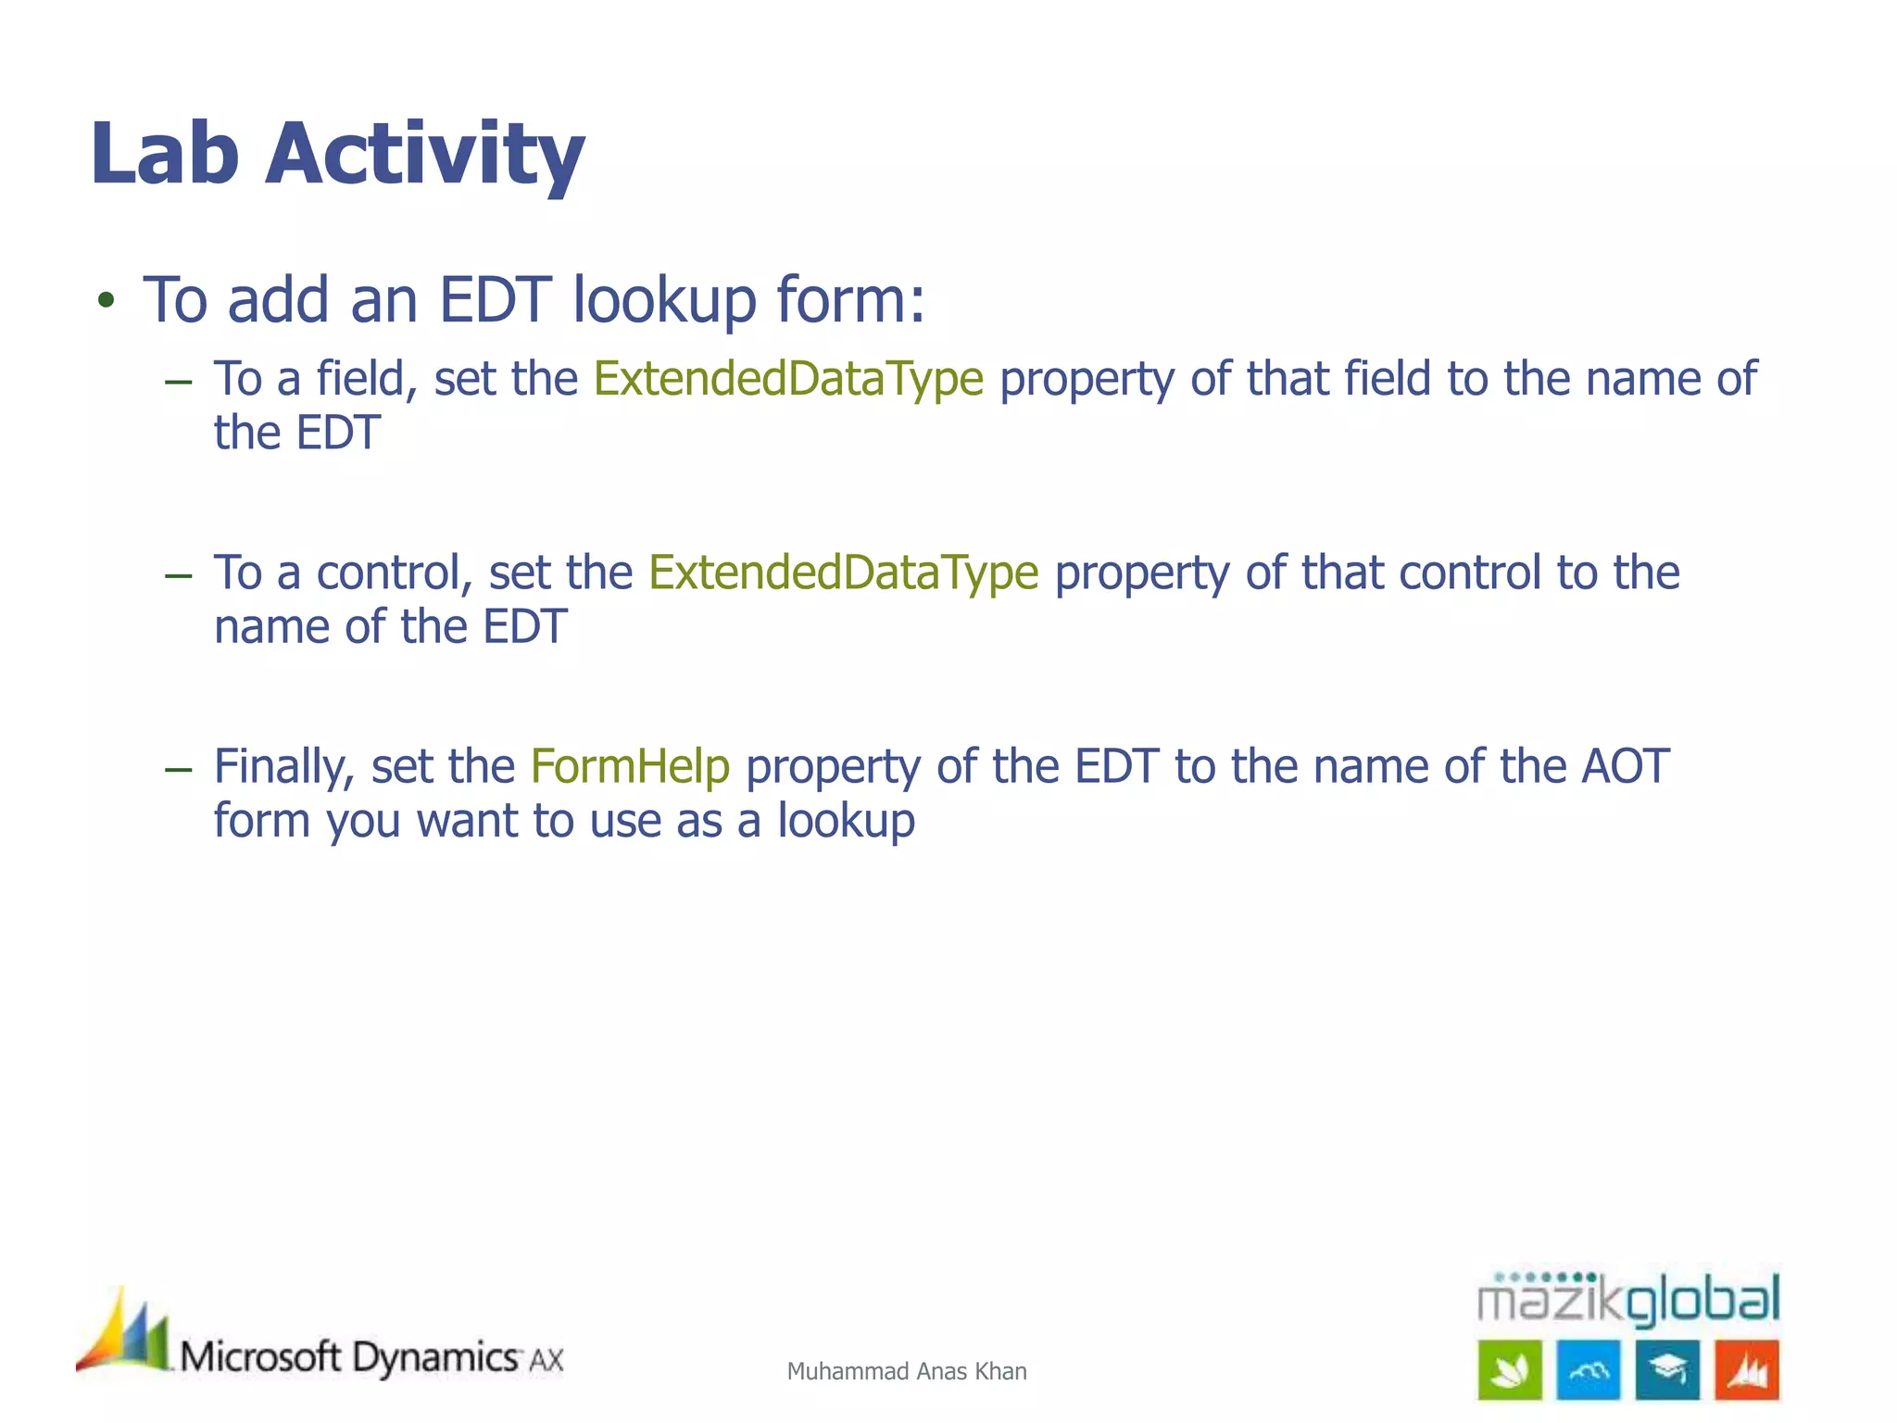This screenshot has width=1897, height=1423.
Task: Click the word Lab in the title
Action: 165,153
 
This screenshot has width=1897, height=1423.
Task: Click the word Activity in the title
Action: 425,155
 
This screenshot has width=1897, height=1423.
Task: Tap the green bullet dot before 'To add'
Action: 107,300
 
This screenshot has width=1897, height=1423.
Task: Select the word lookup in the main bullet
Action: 664,301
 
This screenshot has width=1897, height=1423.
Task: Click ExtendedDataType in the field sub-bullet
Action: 788,379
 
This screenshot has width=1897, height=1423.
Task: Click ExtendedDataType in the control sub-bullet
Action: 843,573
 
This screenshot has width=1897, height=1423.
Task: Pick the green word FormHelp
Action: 630,767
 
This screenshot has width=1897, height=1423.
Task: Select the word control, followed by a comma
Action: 395,573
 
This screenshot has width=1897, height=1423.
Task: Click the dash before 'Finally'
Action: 178,769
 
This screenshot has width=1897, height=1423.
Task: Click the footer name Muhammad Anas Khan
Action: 906,1371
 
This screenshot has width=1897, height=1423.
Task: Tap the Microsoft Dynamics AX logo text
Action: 371,1358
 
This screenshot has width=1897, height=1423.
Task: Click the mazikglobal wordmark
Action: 1627,1299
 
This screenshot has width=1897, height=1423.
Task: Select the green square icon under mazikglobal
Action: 1510,1369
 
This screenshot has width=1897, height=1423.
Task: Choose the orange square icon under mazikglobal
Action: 1747,1369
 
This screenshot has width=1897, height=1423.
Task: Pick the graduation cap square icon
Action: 1667,1369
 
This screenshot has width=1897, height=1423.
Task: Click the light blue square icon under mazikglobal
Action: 1589,1369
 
